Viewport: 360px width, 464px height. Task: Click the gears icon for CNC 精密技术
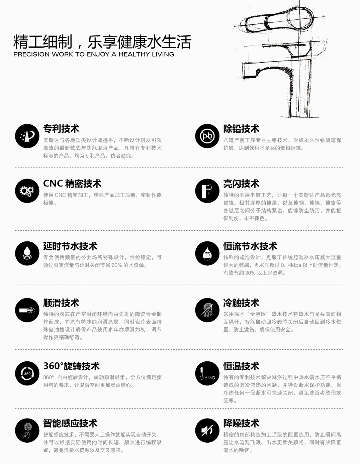(x=27, y=191)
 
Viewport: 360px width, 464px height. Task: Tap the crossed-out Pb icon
(x=207, y=136)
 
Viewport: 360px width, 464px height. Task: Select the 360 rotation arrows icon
(x=27, y=373)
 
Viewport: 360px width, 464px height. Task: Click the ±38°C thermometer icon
(x=207, y=373)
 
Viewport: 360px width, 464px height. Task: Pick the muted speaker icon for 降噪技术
(x=207, y=431)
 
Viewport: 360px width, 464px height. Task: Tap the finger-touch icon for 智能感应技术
(x=27, y=431)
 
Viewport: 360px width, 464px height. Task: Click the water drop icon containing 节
(x=207, y=253)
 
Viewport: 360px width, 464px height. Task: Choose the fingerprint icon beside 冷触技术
(x=207, y=310)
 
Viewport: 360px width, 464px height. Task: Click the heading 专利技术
(x=61, y=129)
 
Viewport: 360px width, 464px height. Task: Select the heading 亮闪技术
(x=241, y=184)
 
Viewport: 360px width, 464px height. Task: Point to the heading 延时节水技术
(x=70, y=246)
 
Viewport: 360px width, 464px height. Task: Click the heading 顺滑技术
(x=61, y=303)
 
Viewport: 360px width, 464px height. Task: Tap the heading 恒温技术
(x=241, y=366)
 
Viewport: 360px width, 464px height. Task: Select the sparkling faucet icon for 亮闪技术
(x=207, y=191)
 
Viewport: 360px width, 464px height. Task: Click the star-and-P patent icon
(x=27, y=136)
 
